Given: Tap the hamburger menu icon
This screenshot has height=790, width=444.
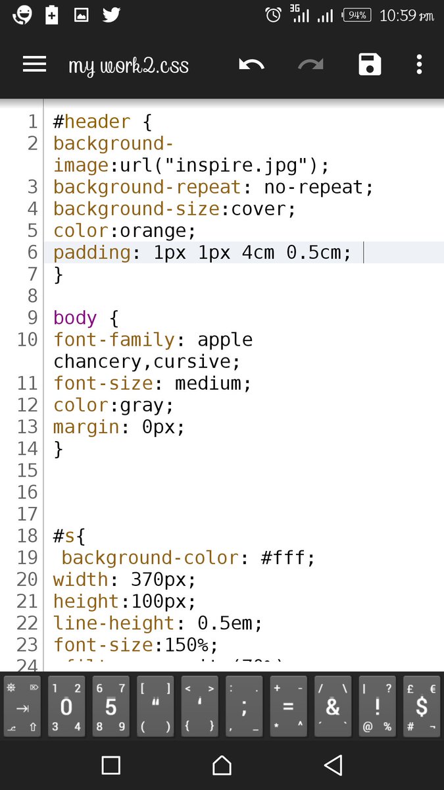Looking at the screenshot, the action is [x=34, y=65].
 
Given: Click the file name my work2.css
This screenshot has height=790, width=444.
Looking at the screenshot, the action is [x=128, y=66].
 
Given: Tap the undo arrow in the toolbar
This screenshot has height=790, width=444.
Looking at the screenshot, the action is [x=251, y=65].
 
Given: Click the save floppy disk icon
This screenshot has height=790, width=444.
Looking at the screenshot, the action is [x=370, y=65].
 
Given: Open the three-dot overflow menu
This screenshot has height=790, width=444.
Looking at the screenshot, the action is [x=419, y=65].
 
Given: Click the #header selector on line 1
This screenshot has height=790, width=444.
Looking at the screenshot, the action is [x=91, y=122].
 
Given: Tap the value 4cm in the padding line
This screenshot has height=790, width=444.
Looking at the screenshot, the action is [x=259, y=253].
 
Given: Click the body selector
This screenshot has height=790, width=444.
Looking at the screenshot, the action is [x=75, y=318].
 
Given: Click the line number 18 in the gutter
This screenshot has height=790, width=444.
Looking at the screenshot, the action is [x=28, y=536].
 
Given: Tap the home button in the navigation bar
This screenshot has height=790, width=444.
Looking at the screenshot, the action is [x=222, y=765].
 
